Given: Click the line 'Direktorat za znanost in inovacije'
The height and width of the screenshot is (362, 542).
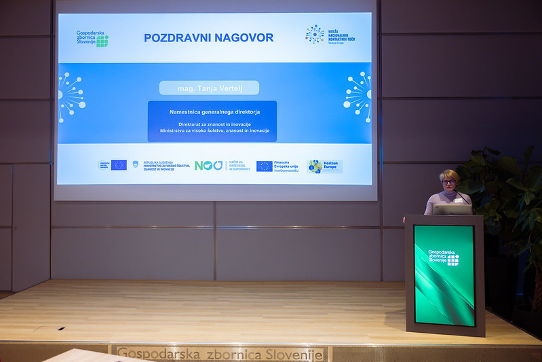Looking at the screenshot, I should point(214,124).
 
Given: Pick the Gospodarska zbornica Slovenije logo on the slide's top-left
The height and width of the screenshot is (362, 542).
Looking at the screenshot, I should point(92,39).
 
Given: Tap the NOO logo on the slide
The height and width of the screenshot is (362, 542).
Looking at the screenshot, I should point(209,166).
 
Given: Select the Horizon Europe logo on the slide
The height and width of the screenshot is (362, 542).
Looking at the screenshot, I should point(325,166).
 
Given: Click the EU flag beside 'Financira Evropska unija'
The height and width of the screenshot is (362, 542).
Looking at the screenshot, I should point(265,166).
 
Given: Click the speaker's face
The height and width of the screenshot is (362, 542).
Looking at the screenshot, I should point(448,184).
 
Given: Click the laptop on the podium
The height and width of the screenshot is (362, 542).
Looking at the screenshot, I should point(452,209).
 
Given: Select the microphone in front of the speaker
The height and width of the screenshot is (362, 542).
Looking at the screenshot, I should point(464,197).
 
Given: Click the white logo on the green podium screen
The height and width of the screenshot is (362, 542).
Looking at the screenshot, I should point(444,257).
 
